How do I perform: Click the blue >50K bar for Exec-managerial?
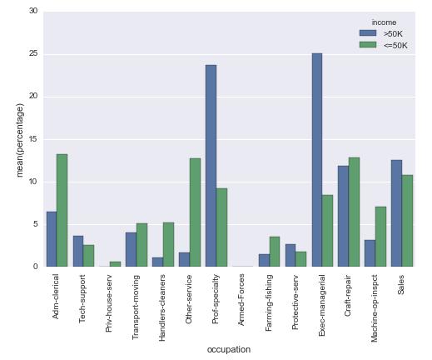(x=317, y=160)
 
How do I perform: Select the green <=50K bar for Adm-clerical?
(x=62, y=210)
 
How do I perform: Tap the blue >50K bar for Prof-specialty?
(x=211, y=166)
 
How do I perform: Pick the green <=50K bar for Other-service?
(x=195, y=212)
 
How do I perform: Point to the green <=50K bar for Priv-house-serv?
(x=115, y=264)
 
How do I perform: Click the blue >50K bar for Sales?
(x=397, y=213)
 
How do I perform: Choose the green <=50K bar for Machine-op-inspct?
(x=380, y=237)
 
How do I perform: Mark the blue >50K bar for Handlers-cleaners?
(x=157, y=262)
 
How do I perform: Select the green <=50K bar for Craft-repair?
(x=354, y=212)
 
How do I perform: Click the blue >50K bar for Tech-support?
(x=78, y=251)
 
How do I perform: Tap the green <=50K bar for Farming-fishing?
(x=275, y=252)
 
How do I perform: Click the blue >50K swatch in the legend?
(x=368, y=33)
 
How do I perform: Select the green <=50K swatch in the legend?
(x=368, y=45)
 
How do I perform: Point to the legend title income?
(x=384, y=22)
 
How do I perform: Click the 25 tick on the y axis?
(x=33, y=53)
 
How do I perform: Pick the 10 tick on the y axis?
(x=33, y=182)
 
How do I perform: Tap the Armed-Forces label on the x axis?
(x=241, y=299)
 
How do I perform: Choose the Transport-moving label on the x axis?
(x=136, y=307)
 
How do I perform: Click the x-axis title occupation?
(x=229, y=349)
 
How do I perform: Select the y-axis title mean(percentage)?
(x=20, y=140)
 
